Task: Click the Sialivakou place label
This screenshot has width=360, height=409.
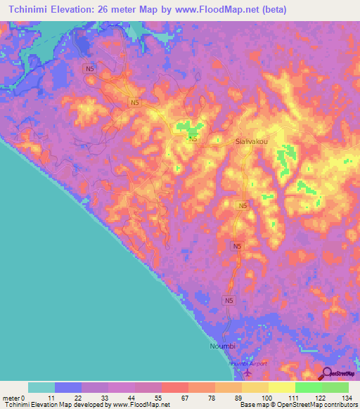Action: pyautogui.click(x=251, y=141)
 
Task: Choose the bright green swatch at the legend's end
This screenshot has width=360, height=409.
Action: pyautogui.click(x=335, y=387)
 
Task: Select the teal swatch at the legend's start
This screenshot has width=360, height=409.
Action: pyautogui.click(x=41, y=387)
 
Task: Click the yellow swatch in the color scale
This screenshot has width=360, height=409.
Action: pyautogui.click(x=281, y=387)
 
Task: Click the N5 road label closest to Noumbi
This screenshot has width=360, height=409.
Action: pyautogui.click(x=229, y=301)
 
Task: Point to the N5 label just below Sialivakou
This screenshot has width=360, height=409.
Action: pyautogui.click(x=243, y=205)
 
